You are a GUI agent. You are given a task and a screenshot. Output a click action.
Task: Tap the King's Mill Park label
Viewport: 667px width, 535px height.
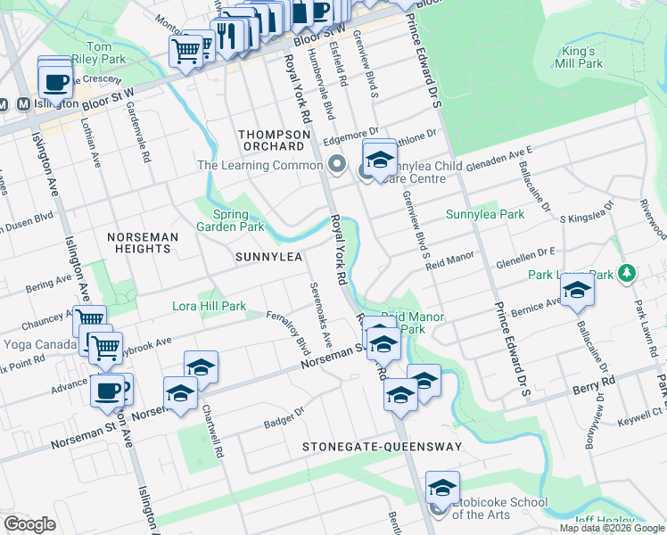(578, 56)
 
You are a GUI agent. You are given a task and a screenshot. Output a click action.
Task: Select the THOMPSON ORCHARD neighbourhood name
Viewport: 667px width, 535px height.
(272, 139)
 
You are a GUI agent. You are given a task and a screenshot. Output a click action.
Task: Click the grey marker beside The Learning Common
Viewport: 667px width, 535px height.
(337, 164)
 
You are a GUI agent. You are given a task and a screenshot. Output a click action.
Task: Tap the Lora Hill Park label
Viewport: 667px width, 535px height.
(209, 306)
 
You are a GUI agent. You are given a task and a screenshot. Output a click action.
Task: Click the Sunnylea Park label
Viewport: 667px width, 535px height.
(485, 215)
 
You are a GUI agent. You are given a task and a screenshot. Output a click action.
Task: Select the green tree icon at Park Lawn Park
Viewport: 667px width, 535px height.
(628, 271)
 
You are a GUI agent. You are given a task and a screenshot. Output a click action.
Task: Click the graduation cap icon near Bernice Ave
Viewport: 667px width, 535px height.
(577, 290)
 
